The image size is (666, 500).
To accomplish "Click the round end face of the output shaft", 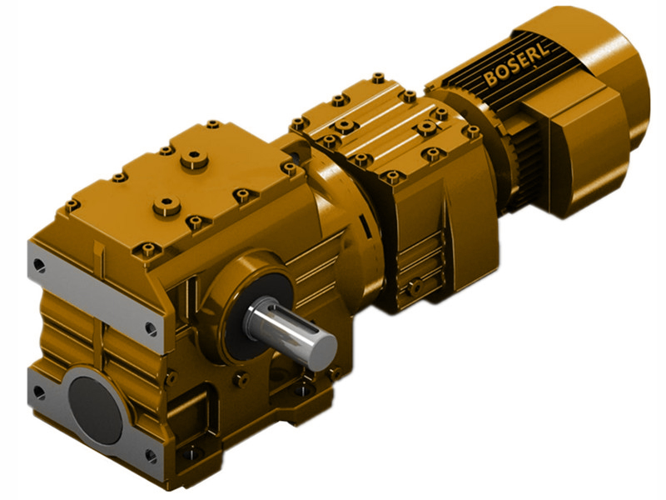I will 321,347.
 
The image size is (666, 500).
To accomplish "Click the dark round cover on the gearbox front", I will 95,398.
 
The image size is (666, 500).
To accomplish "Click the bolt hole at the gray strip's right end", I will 151,328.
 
